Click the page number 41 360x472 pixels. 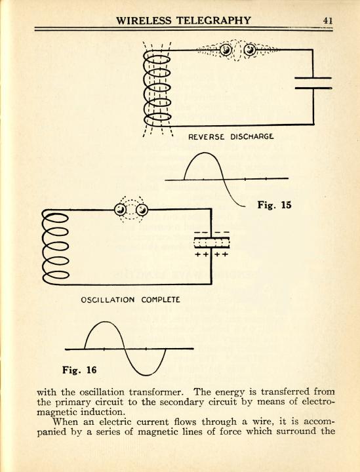[x=327, y=20]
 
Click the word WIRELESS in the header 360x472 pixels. [x=144, y=20]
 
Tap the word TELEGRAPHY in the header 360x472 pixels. [x=213, y=20]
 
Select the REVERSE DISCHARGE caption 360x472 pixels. [x=231, y=136]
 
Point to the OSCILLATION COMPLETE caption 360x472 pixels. [x=130, y=300]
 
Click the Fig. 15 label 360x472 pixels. [x=274, y=205]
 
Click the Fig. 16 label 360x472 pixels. [x=79, y=370]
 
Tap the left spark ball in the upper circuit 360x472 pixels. [x=226, y=50]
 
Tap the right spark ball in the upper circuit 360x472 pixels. [x=250, y=50]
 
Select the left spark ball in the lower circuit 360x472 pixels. [x=121, y=210]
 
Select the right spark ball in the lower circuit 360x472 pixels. [x=142, y=210]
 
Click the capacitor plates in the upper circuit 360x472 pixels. [x=313, y=83]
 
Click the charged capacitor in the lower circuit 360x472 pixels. [x=212, y=243]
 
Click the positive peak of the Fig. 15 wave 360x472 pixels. [x=204, y=153]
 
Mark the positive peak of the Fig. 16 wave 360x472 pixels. [x=104, y=322]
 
